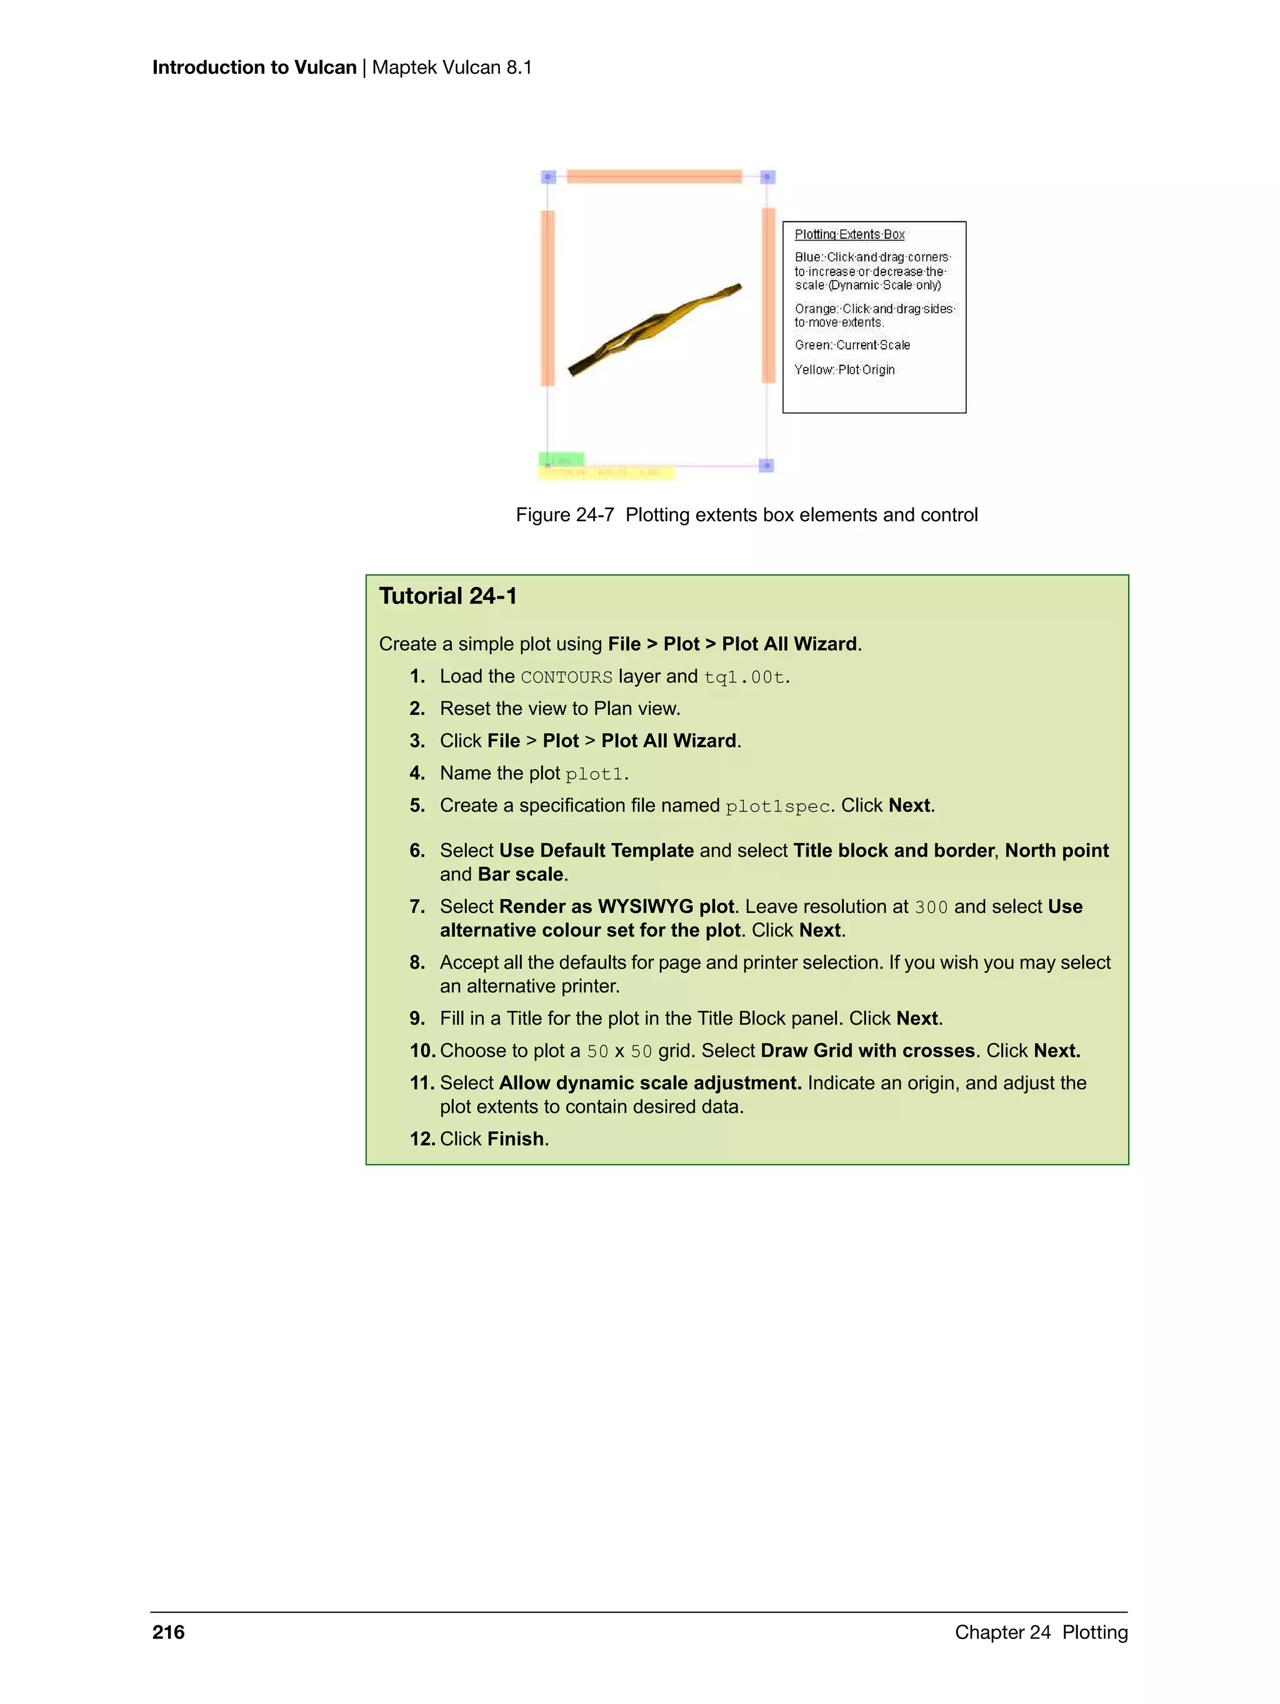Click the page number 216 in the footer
[x=168, y=1632]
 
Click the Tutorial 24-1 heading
[x=447, y=596]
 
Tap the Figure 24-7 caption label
[x=564, y=515]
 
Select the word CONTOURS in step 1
[x=566, y=677]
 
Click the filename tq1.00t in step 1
[x=744, y=677]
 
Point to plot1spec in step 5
[x=777, y=806]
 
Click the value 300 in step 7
[x=931, y=907]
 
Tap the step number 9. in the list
[x=417, y=1019]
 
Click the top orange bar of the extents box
[x=654, y=176]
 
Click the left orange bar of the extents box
[x=548, y=297]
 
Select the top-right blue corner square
[x=767, y=177]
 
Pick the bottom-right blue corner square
[x=766, y=466]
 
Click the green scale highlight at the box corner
[x=561, y=459]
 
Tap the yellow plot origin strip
[x=609, y=473]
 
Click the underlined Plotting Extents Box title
[x=849, y=234]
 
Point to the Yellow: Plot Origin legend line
[x=844, y=370]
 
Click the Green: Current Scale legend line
[x=852, y=345]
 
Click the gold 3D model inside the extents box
[x=655, y=329]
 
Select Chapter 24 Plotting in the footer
[x=1041, y=1632]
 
